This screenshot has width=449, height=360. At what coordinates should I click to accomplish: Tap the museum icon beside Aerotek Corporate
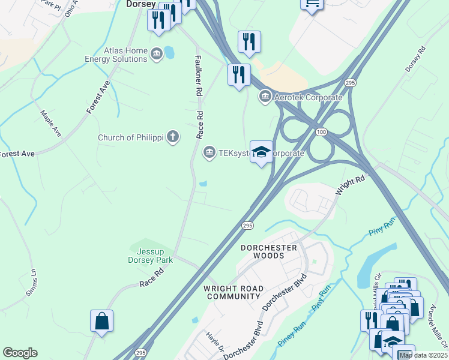click(x=264, y=96)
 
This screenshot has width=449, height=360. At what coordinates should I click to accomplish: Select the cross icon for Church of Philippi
click(x=173, y=137)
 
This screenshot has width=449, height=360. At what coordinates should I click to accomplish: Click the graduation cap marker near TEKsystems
click(x=261, y=152)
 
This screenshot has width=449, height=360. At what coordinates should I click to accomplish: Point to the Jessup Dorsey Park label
click(x=151, y=256)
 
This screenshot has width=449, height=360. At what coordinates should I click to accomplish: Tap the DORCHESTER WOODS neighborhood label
click(x=269, y=251)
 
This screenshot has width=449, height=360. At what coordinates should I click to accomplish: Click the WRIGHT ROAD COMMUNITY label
click(x=234, y=292)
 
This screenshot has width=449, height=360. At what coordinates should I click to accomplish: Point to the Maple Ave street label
click(x=51, y=122)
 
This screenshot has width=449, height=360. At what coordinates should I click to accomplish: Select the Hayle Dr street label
click(x=214, y=342)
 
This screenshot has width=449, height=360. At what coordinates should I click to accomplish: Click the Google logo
click(x=20, y=353)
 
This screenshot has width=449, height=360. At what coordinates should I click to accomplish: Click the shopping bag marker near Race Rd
click(x=102, y=320)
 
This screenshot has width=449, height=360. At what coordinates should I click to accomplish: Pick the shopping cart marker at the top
click(x=312, y=3)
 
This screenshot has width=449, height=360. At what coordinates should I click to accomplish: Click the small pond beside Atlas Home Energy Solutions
click(x=169, y=52)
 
